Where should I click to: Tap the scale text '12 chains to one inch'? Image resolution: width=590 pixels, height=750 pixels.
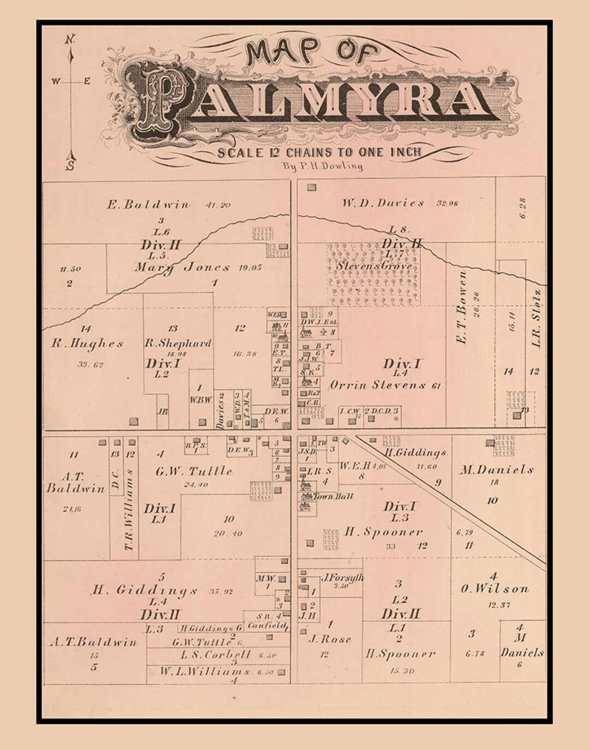[x=320, y=152]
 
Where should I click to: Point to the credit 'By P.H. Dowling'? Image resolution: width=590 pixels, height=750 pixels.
[x=322, y=166]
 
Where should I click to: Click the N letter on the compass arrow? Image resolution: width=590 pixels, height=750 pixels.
[x=70, y=40]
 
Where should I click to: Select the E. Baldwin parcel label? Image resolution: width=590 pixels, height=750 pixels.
[x=149, y=205]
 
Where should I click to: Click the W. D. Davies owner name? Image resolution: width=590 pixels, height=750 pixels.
[x=383, y=203]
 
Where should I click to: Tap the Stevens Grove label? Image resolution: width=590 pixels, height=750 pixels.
[x=374, y=266]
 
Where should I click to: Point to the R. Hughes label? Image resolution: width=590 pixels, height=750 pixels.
[x=87, y=344]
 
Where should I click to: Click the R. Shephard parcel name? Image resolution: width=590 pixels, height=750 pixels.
[x=178, y=343]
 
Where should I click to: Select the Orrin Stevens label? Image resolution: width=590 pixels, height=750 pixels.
[x=377, y=385]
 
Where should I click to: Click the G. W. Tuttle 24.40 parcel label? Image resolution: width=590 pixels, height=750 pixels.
[x=194, y=471]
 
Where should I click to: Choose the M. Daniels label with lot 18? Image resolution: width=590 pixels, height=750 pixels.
[x=496, y=470]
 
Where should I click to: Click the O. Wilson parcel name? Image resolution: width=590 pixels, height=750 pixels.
[x=494, y=589]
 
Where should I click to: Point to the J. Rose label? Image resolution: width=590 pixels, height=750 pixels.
[x=329, y=639]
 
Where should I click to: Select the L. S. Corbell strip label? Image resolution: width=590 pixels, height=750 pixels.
[x=216, y=654]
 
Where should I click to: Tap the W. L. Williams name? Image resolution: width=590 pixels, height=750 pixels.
[x=205, y=672]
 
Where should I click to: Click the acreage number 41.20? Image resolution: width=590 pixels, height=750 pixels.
[x=218, y=205]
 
